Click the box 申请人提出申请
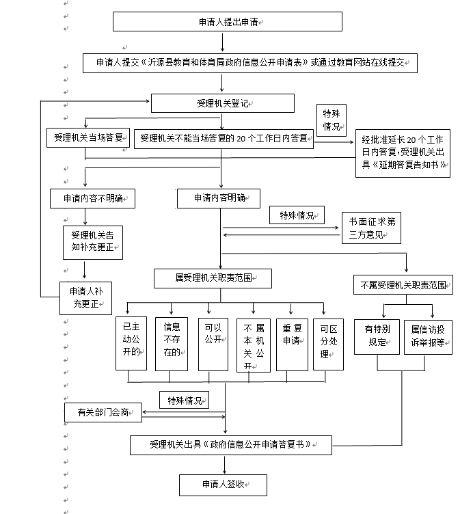pos(227,22)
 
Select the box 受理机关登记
pos(223,103)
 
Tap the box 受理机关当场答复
pos(87,137)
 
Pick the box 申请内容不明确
pos(92,198)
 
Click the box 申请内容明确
pos(218,198)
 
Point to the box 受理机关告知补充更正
pos(92,241)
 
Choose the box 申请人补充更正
pos(85,297)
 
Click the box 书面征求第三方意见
pos(371,228)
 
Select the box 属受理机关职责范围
pos(213,278)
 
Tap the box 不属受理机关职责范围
pos(403,284)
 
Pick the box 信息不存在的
pos(172,344)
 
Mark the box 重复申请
pos(293,344)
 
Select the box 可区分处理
pos(329,344)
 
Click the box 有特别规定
pos(377,336)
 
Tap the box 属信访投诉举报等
pos(428,336)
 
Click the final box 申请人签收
pos(223,485)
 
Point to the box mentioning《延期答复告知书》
pos(403,152)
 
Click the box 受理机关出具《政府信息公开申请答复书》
pos(230,444)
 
